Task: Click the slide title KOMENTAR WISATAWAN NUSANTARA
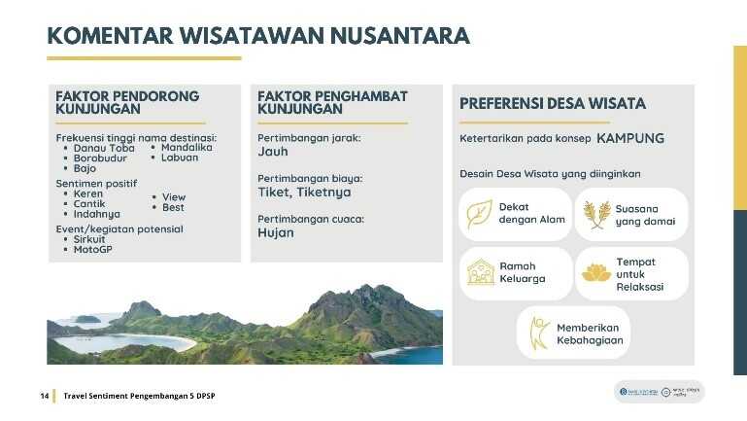258,36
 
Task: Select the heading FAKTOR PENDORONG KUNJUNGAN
127,103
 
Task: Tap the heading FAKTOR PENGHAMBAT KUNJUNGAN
332,103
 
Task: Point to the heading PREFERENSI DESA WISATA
552,103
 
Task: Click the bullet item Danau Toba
103,148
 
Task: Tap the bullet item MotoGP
93,250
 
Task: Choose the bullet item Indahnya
97,214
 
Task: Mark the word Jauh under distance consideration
273,152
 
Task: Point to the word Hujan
276,233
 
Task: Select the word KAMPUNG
630,138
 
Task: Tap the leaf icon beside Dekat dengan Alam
480,214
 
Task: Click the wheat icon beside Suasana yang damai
596,214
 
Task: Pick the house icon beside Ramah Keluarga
481,272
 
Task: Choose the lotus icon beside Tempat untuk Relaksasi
596,273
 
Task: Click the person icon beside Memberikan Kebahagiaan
537,333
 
